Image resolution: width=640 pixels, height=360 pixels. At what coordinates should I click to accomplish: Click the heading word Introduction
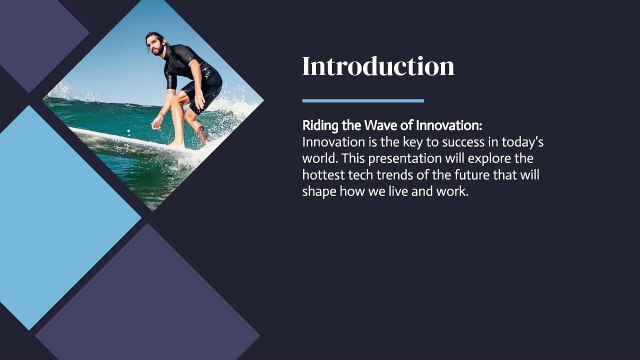[378, 67]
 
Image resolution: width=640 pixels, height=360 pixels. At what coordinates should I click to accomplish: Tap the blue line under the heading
[362, 100]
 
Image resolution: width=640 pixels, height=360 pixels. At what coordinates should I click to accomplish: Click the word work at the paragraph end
[451, 191]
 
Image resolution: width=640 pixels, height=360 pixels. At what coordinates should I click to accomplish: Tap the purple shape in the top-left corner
[35, 35]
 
